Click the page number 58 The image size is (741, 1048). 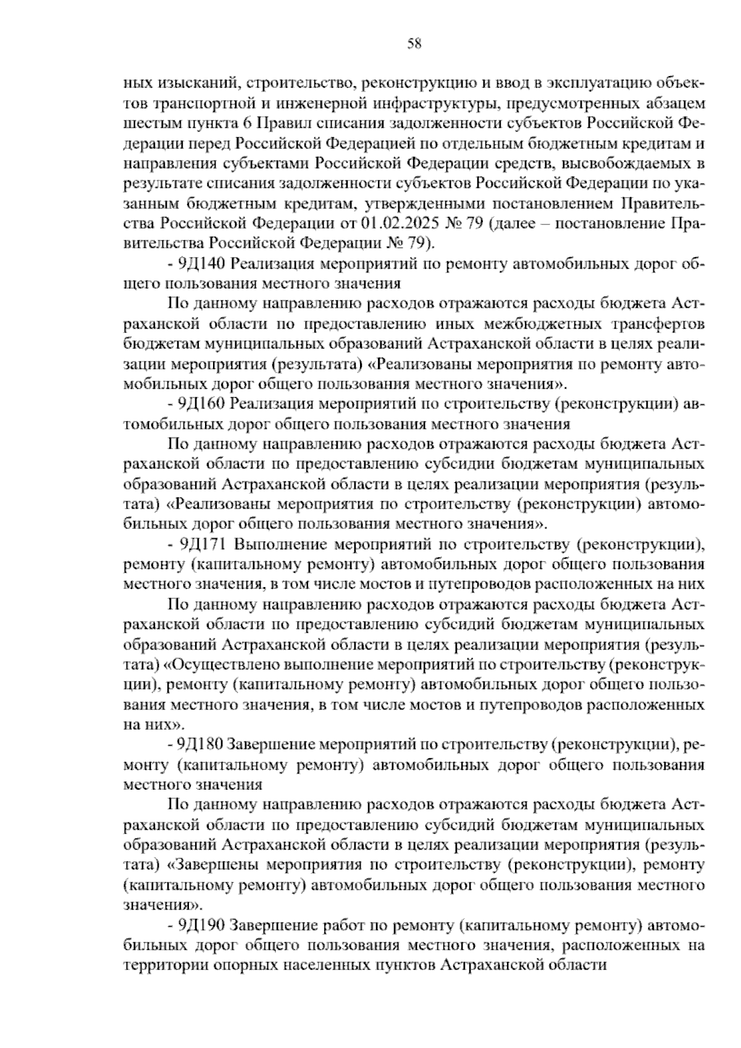click(414, 43)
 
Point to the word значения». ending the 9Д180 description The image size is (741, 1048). click(162, 905)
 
